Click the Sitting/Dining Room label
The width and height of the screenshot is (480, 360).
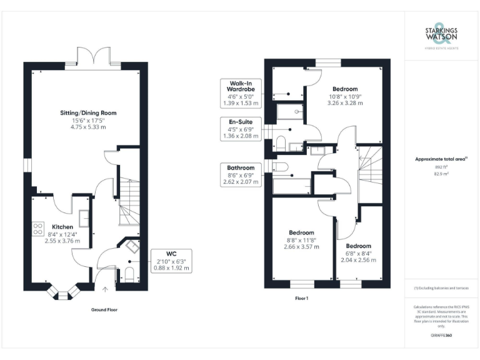[x=88, y=113]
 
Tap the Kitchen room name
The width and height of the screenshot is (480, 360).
[x=62, y=227]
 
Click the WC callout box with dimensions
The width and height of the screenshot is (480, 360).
[x=171, y=261]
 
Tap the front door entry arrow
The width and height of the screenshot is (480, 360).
[x=105, y=289]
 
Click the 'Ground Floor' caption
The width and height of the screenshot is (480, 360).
[x=104, y=309]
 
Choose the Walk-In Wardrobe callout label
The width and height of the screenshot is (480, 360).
[x=241, y=89]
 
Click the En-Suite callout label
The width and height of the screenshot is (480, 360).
[x=241, y=128]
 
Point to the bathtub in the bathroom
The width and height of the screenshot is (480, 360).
[x=292, y=186]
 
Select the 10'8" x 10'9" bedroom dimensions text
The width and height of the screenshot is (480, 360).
[x=344, y=96]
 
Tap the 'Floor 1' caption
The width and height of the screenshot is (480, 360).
[x=302, y=299]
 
